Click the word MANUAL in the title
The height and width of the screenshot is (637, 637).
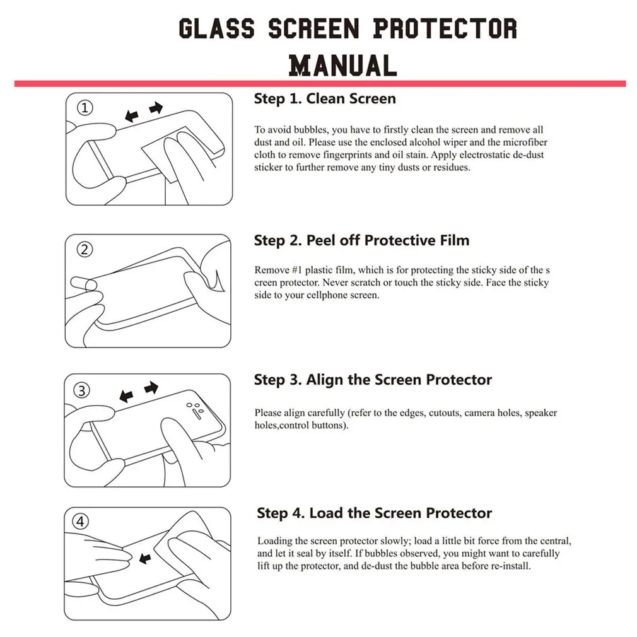pyautogui.click(x=342, y=65)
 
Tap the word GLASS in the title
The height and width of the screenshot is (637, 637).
pyautogui.click(x=216, y=29)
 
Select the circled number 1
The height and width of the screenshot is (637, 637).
pyautogui.click(x=86, y=108)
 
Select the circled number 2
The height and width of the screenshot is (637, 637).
pyautogui.click(x=85, y=249)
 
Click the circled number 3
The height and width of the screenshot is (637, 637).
pyautogui.click(x=83, y=390)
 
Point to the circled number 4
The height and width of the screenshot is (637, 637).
pyautogui.click(x=82, y=522)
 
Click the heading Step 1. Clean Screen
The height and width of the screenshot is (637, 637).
pyautogui.click(x=325, y=99)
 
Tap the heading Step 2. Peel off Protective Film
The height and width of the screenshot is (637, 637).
pyautogui.click(x=361, y=240)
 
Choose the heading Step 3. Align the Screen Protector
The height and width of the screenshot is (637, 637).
pyautogui.click(x=373, y=380)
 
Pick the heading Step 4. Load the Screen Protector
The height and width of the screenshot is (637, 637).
pyautogui.click(x=374, y=513)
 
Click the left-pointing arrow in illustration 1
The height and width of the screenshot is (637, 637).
pyautogui.click(x=132, y=116)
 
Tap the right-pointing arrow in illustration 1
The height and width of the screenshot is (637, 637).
pyautogui.click(x=156, y=109)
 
